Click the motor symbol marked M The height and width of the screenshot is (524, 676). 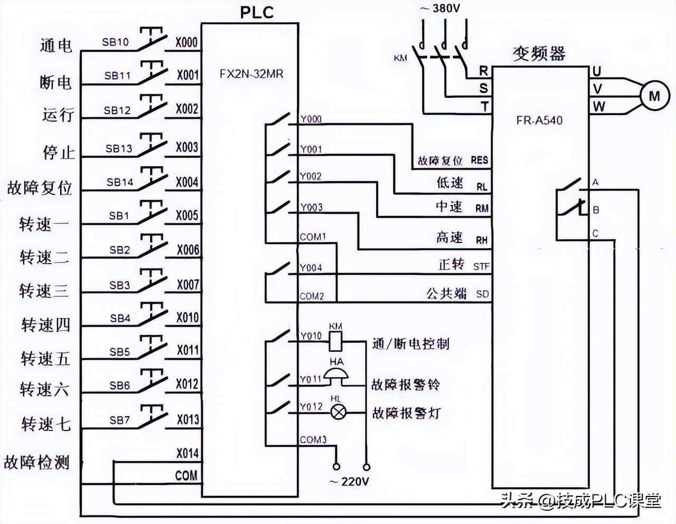tap(654, 96)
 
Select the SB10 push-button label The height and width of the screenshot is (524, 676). tap(116, 42)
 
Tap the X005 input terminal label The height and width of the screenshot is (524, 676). tap(187, 215)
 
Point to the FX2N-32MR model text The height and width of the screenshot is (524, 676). tap(251, 73)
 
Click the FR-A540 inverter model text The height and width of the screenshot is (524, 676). tap(539, 120)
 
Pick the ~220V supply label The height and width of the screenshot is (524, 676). tap(349, 481)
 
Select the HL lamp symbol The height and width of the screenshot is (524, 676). tap(337, 413)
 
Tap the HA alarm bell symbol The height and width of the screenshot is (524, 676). tap(336, 376)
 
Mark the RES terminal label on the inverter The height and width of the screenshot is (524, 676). tap(480, 160)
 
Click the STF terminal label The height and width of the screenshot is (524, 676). tap(481, 267)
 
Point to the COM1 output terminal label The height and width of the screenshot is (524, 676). tap(313, 237)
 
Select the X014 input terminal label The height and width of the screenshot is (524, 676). tap(187, 453)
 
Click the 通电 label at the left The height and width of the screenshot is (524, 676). tap(56, 45)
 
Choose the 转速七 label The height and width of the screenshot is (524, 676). tap(45, 424)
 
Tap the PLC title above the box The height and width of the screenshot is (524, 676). tap(257, 12)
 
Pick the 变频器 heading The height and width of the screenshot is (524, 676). tap(539, 53)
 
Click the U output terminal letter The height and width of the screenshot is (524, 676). tap(597, 71)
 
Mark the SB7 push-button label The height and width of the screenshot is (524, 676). tap(119, 420)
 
